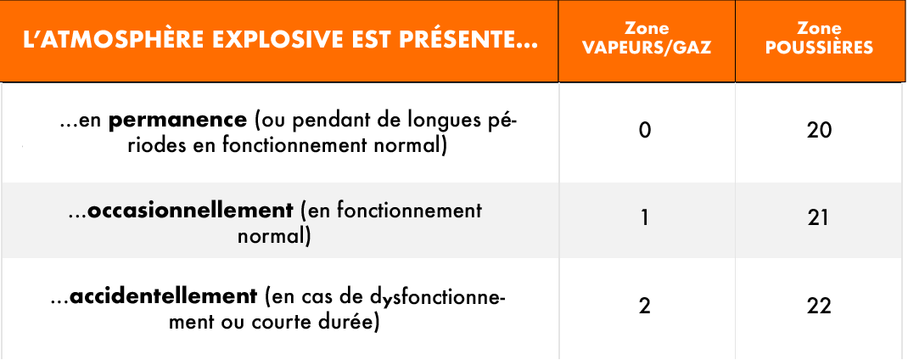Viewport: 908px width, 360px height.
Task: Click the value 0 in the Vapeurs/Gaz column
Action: pos(645,131)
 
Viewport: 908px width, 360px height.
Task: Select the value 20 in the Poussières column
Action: pos(819,131)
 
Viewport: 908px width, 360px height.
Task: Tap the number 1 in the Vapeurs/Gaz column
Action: pos(645,218)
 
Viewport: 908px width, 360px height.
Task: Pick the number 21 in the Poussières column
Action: pos(819,218)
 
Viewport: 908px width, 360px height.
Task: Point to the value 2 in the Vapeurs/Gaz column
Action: pos(645,306)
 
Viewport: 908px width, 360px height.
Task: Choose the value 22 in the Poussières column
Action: pos(819,306)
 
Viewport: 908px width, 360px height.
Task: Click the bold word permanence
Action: pos(177,121)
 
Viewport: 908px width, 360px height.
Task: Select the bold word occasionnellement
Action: pos(191,210)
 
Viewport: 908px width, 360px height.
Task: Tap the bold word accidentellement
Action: pos(163,297)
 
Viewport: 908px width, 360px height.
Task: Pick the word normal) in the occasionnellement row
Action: pos(273,236)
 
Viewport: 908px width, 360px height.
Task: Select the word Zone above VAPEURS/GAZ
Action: pos(647,28)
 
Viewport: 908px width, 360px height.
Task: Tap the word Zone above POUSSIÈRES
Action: pos(819,27)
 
